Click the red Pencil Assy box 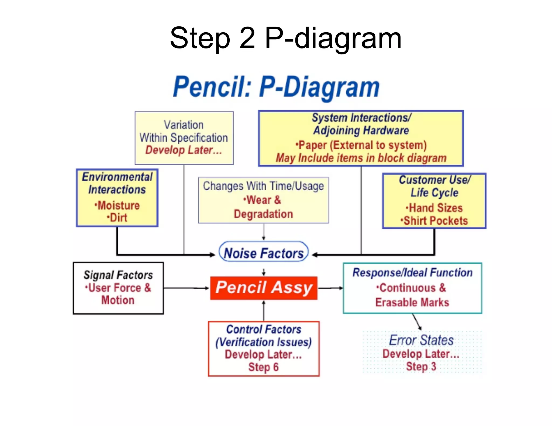tap(264, 288)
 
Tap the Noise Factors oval tap(264, 253)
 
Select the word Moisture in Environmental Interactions tap(118, 205)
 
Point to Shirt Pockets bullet tap(435, 221)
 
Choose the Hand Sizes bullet tap(435, 208)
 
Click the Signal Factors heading tap(118, 275)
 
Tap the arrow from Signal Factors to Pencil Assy tap(186, 288)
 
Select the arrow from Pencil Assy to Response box tap(330, 288)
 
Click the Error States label tap(421, 340)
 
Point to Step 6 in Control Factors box tap(263, 367)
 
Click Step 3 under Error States tap(421, 366)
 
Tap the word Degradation tap(263, 214)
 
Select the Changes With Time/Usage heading tap(263, 186)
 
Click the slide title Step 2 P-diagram tap(286, 38)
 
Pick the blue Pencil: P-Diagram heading tap(276, 87)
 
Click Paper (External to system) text tap(361, 145)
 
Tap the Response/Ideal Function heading tap(412, 273)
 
